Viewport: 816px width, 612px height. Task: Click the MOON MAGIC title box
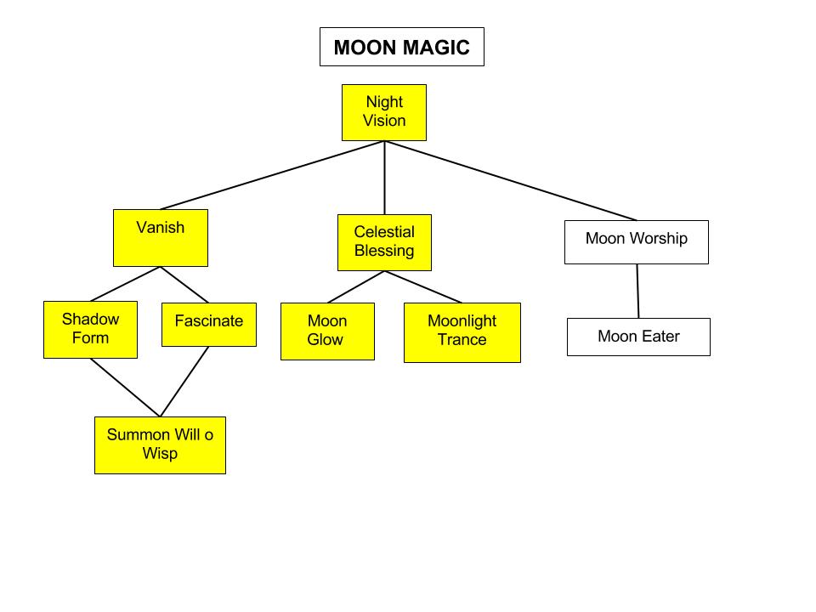click(x=402, y=47)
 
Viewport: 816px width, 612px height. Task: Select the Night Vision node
click(x=384, y=112)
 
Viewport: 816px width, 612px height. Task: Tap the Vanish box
click(x=161, y=238)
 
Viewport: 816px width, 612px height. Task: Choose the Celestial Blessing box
click(x=384, y=242)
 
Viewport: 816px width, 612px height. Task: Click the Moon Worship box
click(x=637, y=242)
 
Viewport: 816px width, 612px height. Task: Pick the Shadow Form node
click(x=91, y=330)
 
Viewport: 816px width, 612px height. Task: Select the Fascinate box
click(x=209, y=324)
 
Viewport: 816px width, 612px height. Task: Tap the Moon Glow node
click(x=327, y=331)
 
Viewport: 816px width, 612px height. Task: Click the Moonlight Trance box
click(x=462, y=332)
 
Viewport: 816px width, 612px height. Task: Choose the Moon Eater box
click(x=638, y=337)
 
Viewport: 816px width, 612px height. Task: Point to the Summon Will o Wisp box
click(x=161, y=445)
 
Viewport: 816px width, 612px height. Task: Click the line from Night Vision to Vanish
click(x=272, y=175)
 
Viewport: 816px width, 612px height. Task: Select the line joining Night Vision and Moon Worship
click(x=511, y=180)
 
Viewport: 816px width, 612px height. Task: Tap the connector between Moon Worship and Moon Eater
click(x=638, y=291)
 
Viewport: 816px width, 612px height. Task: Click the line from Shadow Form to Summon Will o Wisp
click(x=126, y=388)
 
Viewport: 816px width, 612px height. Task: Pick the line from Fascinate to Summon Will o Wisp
click(x=184, y=382)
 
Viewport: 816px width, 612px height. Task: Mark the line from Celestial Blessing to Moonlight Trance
click(x=423, y=286)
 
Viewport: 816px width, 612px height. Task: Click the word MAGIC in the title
click(x=435, y=48)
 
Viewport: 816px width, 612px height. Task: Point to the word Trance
click(x=462, y=339)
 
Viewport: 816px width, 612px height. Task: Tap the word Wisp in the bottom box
click(x=161, y=453)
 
